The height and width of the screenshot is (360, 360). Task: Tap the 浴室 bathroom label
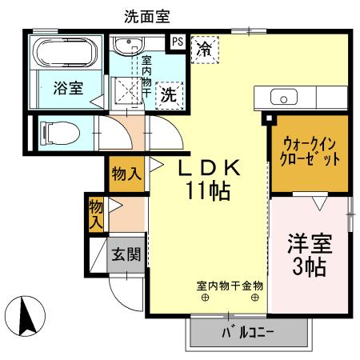pos(67,88)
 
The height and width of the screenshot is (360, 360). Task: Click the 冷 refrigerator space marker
pos(205,48)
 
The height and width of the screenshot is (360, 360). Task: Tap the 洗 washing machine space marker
pos(170,94)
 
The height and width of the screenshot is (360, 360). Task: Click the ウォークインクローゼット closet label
pos(311,152)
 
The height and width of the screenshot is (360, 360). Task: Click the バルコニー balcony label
pos(247,332)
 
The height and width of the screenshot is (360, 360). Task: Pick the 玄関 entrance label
pos(126,255)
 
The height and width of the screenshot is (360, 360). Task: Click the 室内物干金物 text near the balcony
pos(230,285)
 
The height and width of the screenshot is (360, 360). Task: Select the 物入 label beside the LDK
pos(126,173)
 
